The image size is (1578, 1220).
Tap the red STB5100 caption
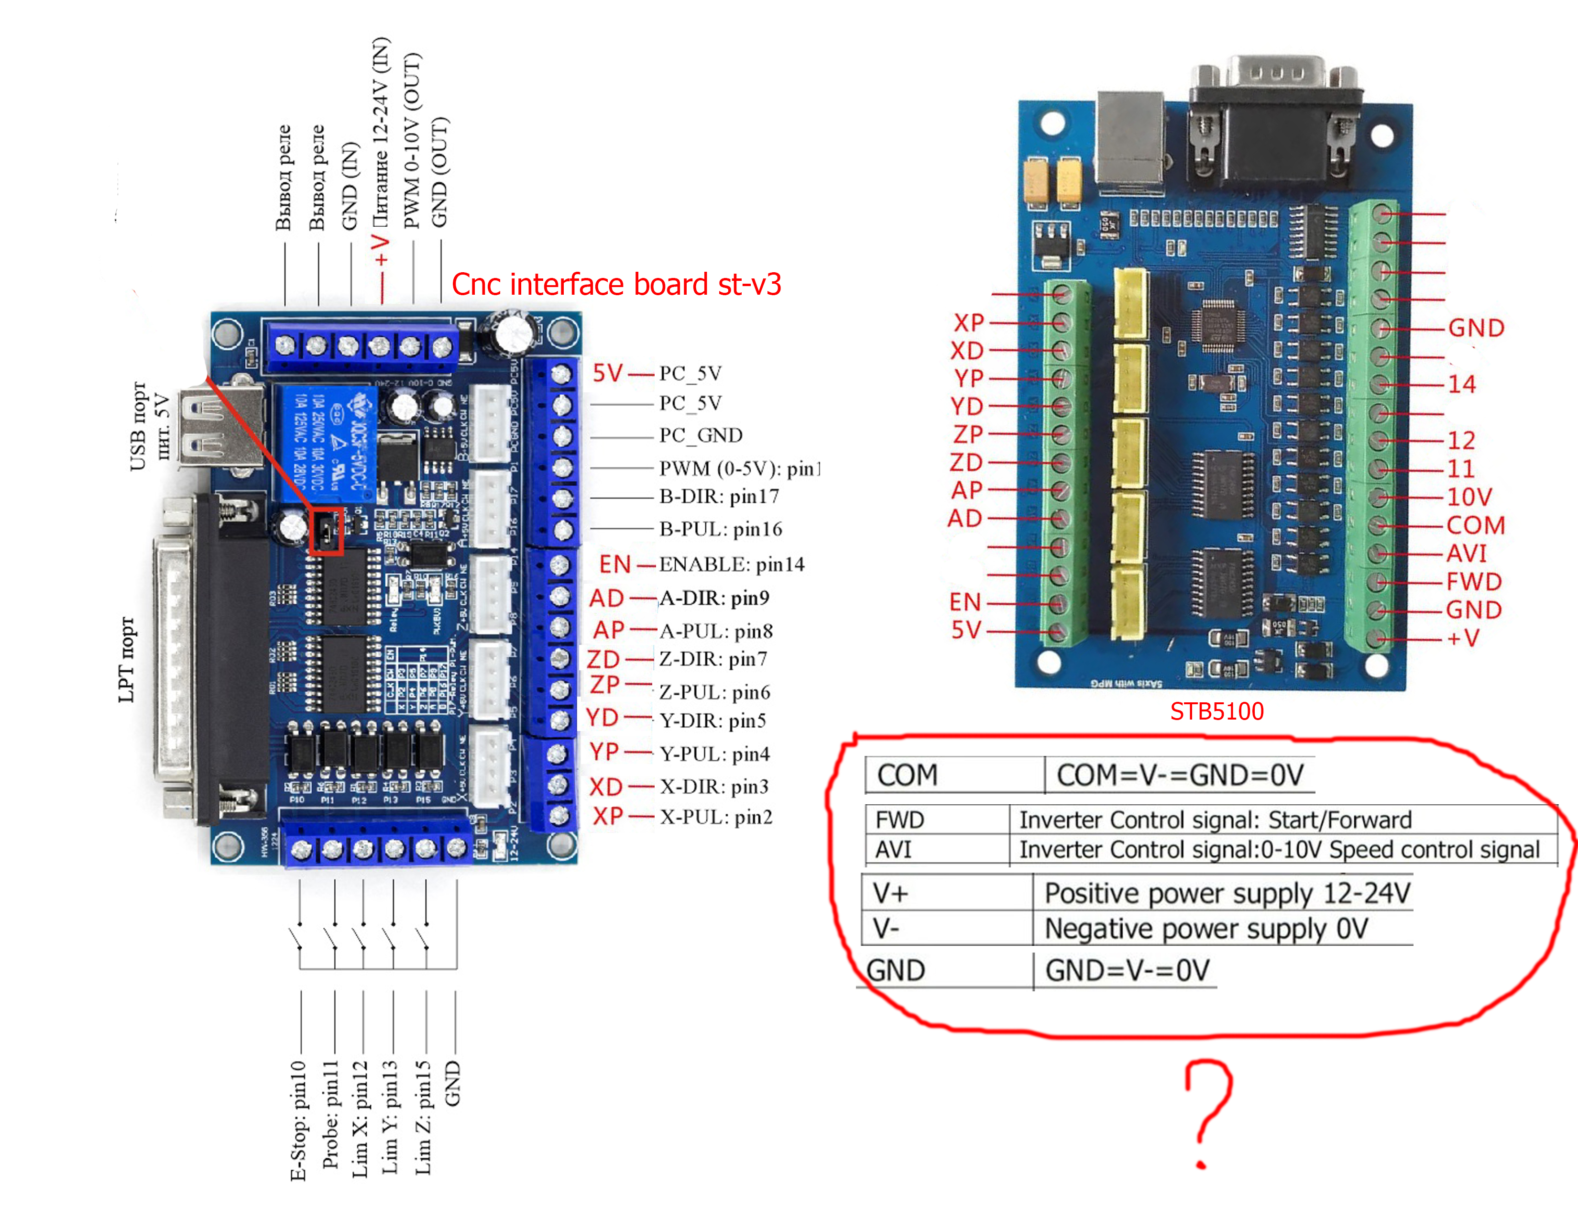(x=1217, y=711)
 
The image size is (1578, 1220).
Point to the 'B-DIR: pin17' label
(x=719, y=497)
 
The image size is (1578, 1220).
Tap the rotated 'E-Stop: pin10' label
(x=298, y=1120)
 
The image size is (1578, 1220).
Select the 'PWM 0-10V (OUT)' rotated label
(x=411, y=141)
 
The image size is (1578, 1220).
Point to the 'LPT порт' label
(x=126, y=659)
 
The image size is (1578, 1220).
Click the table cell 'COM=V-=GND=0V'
(x=1180, y=775)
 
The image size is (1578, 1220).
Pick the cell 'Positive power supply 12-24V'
(x=1227, y=893)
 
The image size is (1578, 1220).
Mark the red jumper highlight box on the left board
(x=326, y=532)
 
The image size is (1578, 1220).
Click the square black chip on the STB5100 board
(x=1219, y=326)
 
